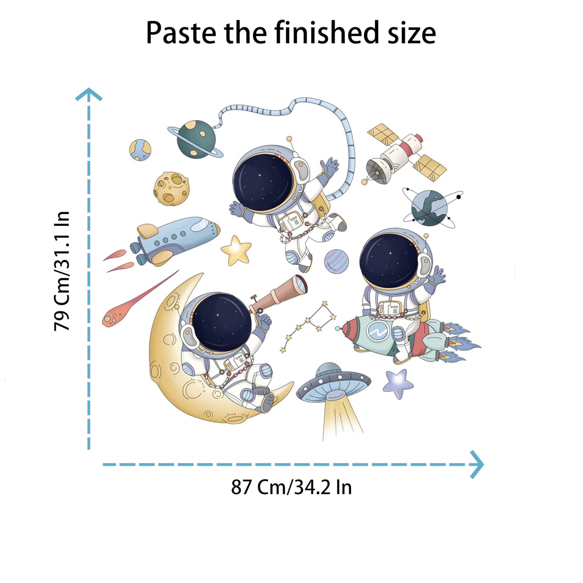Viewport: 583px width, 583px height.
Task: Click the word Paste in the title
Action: (x=181, y=33)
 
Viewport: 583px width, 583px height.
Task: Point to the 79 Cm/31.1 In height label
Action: (x=62, y=271)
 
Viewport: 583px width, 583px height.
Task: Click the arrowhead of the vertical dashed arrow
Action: (x=89, y=94)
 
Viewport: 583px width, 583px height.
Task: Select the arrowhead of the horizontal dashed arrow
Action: (x=477, y=464)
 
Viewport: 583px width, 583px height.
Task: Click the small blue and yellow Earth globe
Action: (x=140, y=150)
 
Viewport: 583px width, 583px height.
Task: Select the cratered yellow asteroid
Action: (x=171, y=189)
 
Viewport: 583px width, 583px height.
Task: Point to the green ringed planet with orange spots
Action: (x=196, y=140)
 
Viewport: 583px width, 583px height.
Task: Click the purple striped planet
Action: (x=336, y=261)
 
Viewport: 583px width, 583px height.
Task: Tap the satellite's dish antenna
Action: (x=377, y=171)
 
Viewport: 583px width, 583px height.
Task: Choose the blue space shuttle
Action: (x=175, y=240)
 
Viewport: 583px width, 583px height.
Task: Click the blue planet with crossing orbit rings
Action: (x=429, y=208)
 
